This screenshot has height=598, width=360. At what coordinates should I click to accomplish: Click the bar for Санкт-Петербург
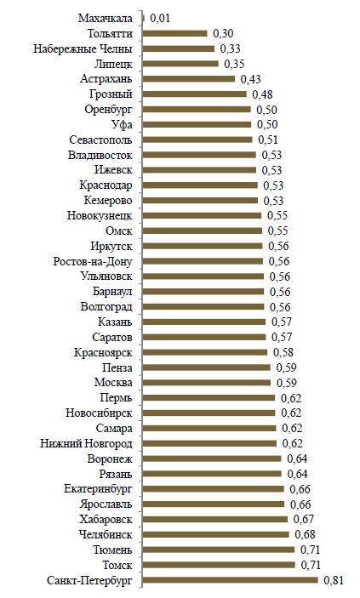pyautogui.click(x=230, y=580)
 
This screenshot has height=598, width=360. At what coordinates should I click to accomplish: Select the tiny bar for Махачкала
pyautogui.click(x=144, y=18)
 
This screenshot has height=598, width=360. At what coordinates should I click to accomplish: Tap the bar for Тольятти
pyautogui.click(x=174, y=33)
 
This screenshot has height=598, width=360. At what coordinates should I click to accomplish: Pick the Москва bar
pyautogui.click(x=207, y=383)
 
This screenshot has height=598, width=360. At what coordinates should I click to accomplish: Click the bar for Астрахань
pyautogui.click(x=189, y=78)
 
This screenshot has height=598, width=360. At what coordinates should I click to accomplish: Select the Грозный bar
pyautogui.click(x=194, y=94)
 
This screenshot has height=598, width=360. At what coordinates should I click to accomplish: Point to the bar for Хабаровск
pyautogui.click(x=215, y=519)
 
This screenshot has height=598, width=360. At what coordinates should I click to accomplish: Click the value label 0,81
pyautogui.click(x=334, y=580)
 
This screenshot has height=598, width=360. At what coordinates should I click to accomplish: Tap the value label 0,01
pyautogui.click(x=160, y=18)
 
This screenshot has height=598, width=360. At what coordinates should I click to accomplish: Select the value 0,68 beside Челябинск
pyautogui.click(x=305, y=534)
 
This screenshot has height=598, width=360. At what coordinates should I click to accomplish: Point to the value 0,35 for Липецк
pyautogui.click(x=234, y=64)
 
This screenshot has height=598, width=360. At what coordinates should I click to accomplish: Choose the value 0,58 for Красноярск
pyautogui.click(x=283, y=352)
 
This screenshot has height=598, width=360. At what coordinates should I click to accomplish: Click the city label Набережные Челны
pyautogui.click(x=83, y=48)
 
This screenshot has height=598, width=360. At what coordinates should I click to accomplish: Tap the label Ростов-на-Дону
pyautogui.click(x=93, y=262)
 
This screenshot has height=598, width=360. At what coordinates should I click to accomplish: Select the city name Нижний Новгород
pyautogui.click(x=86, y=443)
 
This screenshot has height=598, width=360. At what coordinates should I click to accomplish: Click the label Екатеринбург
pyautogui.click(x=98, y=489)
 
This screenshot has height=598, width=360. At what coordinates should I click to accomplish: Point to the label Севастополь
pyautogui.click(x=100, y=140)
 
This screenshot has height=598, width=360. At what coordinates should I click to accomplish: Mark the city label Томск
pyautogui.click(x=117, y=565)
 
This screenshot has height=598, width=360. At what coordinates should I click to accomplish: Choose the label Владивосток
pyautogui.click(x=100, y=155)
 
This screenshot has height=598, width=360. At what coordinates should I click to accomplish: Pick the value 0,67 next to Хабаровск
pyautogui.click(x=304, y=519)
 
